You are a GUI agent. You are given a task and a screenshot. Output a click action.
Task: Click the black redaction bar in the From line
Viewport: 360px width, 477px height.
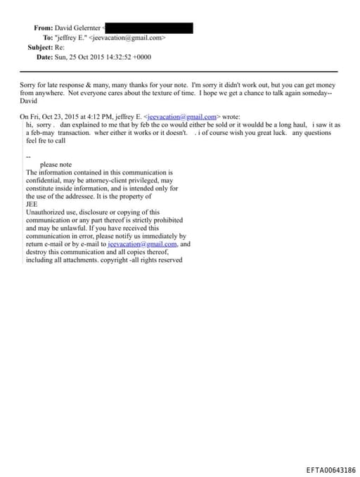tap(148, 27)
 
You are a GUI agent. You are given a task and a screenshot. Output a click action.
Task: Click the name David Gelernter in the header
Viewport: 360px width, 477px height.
tap(78, 27)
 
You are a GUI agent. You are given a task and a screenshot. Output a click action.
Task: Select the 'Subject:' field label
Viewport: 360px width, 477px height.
tap(40, 47)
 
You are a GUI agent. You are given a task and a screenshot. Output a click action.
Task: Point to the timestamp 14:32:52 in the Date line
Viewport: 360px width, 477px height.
tap(114, 57)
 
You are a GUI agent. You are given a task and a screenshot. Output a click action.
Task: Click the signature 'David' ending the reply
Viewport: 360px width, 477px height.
tap(29, 101)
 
